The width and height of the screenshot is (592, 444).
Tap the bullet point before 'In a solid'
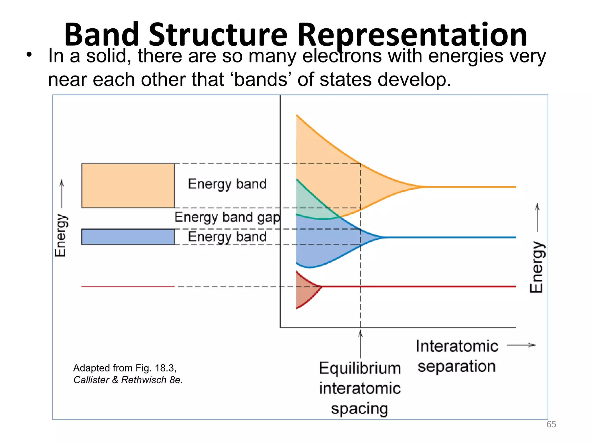pos(29,55)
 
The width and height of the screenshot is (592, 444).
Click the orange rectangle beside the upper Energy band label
pos(128,186)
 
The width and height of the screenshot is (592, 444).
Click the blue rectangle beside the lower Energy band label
pos(128,237)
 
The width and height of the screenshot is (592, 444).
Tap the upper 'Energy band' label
pos(227,184)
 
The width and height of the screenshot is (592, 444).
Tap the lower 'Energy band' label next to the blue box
pos(227,237)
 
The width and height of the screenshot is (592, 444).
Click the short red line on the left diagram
pos(128,286)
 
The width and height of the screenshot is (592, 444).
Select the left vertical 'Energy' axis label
pos(60,235)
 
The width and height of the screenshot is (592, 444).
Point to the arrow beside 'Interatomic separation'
pos(521,345)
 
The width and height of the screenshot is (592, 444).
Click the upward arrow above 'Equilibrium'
pos(360,344)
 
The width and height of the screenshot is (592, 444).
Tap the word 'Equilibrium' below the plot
pos(360,369)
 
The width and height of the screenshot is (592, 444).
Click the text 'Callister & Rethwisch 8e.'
pos(128,380)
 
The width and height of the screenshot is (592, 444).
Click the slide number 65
pos(551,424)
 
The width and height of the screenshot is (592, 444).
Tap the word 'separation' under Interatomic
pos(457,367)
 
